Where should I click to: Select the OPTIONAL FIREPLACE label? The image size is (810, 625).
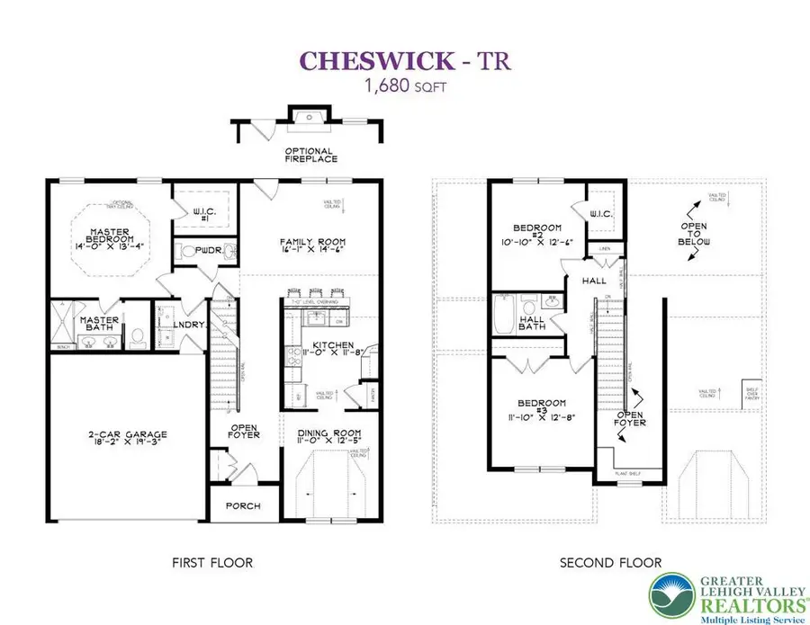click(x=310, y=156)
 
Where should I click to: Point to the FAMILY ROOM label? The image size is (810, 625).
click(x=312, y=243)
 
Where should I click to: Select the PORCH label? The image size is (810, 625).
click(x=242, y=506)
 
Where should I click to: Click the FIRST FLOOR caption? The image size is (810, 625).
click(x=212, y=564)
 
